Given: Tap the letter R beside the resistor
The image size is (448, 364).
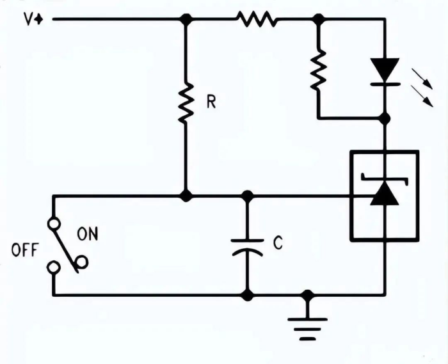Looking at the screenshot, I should point(211,102).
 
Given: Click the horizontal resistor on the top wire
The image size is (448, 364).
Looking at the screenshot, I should point(257,19).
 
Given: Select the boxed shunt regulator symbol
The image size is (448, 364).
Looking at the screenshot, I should point(384,195).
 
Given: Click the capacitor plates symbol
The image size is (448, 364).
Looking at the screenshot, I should point(247,246).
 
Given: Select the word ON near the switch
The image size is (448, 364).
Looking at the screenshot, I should point(88,234).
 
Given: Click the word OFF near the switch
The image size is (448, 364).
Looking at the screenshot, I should point(24,250).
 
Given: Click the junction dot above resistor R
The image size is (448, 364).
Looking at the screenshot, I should point(186,19).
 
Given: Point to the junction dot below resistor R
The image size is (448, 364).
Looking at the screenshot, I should point(186,196).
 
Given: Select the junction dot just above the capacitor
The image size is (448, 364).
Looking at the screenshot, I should point(247,196).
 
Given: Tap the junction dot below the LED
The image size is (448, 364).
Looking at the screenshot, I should point(385,118).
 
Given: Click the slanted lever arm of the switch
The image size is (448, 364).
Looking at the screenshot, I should point(67,246).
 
